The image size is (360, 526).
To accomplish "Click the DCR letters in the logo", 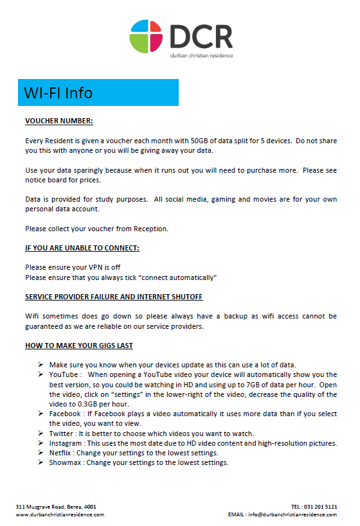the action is [201, 35].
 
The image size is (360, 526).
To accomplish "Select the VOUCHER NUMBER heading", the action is [59, 121].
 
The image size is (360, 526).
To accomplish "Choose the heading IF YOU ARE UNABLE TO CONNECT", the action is [82, 248].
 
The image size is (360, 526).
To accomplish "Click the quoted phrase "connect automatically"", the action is [175, 277].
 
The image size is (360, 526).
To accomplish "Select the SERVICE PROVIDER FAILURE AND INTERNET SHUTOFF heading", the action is [114, 297].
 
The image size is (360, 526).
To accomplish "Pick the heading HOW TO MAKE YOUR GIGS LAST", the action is [79, 346].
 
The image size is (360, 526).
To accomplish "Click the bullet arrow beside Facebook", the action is [40, 414].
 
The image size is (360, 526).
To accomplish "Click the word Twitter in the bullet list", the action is [62, 434].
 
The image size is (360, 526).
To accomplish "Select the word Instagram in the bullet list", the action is [66, 443].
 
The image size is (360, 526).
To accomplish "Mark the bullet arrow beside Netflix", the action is [40, 453].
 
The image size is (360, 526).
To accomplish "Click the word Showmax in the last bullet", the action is [65, 462].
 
